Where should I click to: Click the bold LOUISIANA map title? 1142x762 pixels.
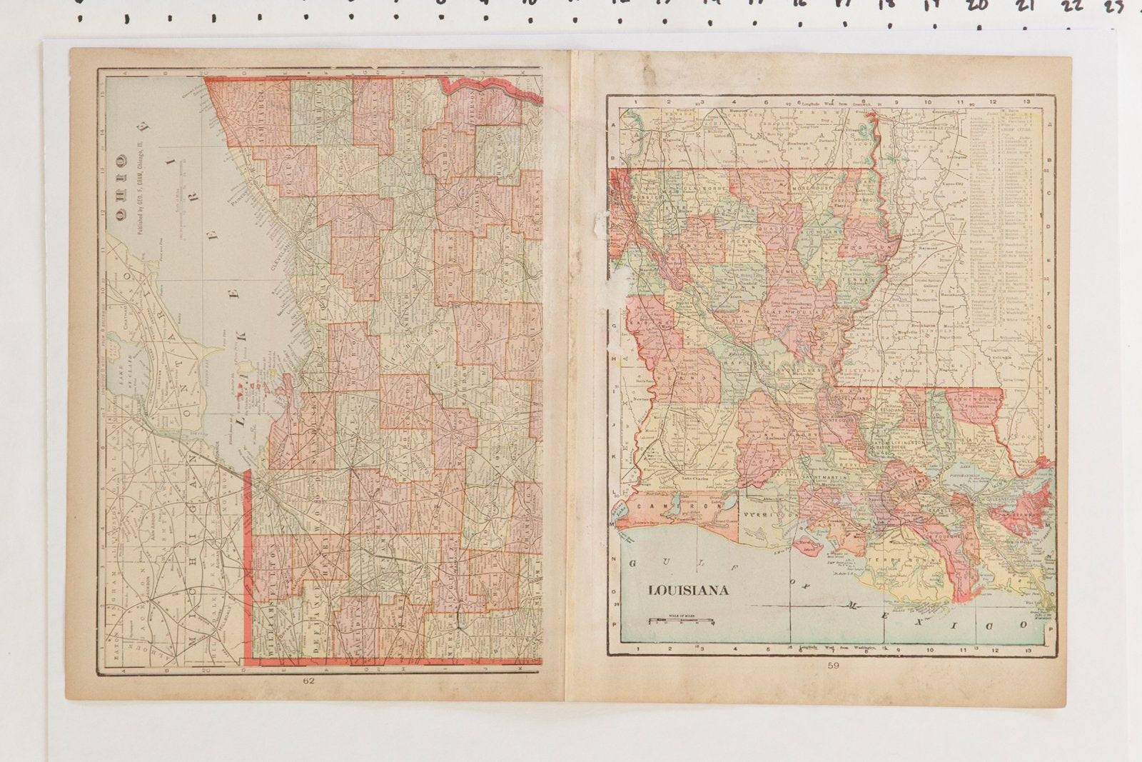(x=688, y=591)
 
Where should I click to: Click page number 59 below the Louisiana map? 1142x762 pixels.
(x=833, y=666)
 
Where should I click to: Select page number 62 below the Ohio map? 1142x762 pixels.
(x=308, y=680)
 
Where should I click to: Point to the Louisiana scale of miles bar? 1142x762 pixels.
(x=682, y=620)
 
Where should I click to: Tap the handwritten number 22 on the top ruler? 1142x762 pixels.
(x=1071, y=6)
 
